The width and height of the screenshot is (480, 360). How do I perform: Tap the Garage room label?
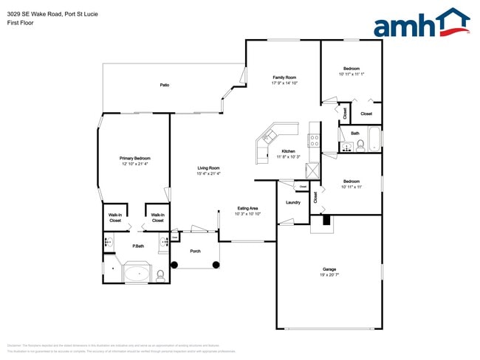(x=329, y=269)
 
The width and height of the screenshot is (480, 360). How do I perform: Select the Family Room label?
(x=284, y=77)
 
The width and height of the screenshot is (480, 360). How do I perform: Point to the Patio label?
(x=165, y=86)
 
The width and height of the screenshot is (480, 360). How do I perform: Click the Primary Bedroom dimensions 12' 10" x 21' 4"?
(x=136, y=164)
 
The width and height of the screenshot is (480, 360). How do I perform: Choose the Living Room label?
(x=209, y=168)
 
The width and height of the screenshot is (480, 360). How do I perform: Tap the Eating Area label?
(x=247, y=208)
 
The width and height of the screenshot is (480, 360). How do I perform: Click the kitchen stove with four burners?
(x=314, y=139)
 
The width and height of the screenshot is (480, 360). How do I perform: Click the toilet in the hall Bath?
(x=360, y=146)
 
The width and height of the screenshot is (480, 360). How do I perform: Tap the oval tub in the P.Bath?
(x=137, y=274)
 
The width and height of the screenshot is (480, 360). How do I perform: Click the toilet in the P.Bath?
(x=160, y=277)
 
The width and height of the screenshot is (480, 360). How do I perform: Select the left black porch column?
(x=175, y=263)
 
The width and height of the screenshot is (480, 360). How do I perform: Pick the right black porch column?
(x=216, y=263)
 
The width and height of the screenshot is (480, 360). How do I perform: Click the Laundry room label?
(x=292, y=202)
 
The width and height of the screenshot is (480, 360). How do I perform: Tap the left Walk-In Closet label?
(x=115, y=218)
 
